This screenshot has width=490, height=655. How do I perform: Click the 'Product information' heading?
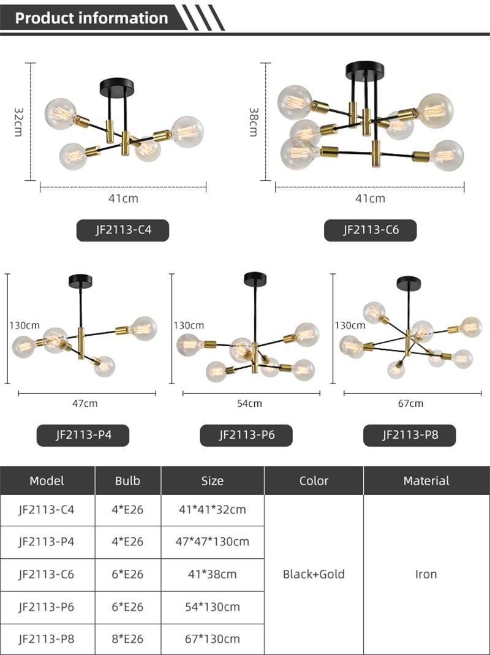pyautogui.click(x=91, y=18)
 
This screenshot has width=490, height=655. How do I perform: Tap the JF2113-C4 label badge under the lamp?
pyautogui.click(x=123, y=230)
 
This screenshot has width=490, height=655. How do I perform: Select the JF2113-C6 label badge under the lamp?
pyautogui.click(x=371, y=230)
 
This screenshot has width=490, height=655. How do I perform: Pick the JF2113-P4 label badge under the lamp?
pyautogui.click(x=83, y=435)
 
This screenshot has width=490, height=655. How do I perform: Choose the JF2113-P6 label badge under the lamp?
pyautogui.click(x=246, y=435)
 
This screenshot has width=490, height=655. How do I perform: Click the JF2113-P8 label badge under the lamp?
pyautogui.click(x=410, y=435)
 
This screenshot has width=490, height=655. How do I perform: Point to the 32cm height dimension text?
pyautogui.click(x=19, y=121)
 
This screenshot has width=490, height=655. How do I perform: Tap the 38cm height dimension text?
pyautogui.click(x=254, y=121)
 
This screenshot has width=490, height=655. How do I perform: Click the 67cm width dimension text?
pyautogui.click(x=410, y=404)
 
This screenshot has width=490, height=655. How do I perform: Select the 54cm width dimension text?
pyautogui.click(x=249, y=404)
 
